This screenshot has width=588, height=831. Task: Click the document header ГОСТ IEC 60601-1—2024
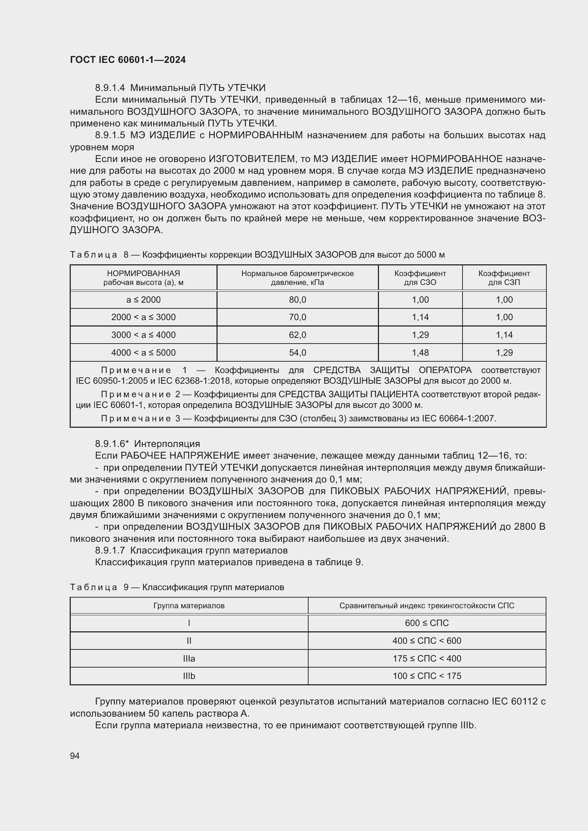tap(128, 60)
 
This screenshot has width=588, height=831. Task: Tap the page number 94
tap(75, 756)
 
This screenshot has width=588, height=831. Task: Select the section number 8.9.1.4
tap(110, 88)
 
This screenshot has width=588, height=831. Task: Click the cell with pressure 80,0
tap(297, 300)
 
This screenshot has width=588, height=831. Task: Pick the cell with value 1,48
tap(420, 352)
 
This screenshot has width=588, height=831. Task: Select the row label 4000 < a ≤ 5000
tap(143, 352)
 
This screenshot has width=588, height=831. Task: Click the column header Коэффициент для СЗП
tap(504, 277)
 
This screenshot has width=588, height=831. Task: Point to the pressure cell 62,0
tap(297, 335)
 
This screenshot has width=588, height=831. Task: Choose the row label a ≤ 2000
tap(143, 300)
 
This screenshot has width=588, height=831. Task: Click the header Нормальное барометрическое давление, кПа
tap(297, 277)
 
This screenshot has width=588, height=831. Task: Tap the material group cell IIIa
tap(189, 658)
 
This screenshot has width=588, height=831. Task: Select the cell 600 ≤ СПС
tap(427, 623)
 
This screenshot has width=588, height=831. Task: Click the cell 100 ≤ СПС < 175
tap(427, 676)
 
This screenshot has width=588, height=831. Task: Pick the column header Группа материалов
tap(189, 605)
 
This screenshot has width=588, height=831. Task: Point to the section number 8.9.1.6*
tap(112, 444)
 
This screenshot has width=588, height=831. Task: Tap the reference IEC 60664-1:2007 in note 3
tap(459, 419)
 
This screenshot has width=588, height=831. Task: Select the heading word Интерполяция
tap(167, 444)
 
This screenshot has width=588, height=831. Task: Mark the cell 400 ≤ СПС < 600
tap(427, 641)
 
